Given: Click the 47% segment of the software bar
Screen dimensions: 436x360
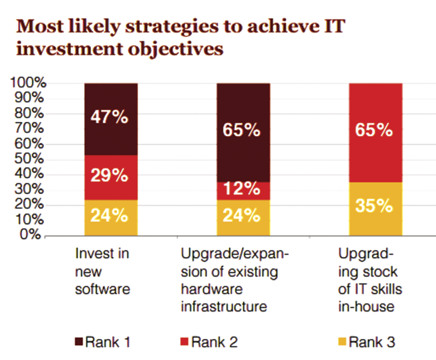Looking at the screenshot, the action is [111, 119].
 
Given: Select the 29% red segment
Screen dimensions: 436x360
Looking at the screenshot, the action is [111, 177].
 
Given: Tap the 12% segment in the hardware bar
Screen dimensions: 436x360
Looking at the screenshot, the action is [243, 191].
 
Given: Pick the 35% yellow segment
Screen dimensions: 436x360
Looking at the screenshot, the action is [376, 209].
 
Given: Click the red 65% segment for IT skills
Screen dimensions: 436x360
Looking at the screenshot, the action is [376, 133].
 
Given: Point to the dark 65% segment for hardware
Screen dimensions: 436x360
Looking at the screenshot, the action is [243, 133].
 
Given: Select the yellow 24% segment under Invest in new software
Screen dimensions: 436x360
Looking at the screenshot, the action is [111, 218].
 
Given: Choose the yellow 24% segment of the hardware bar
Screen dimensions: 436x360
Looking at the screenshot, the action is [243, 218].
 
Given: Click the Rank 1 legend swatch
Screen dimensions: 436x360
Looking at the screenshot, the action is [79, 342].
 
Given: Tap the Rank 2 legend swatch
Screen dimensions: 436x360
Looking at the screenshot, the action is [184, 342].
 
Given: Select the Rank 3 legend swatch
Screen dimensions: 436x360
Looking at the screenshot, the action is [343, 342].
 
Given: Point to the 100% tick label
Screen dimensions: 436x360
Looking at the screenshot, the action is [28, 83].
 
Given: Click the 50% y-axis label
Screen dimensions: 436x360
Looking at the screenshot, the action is [29, 159].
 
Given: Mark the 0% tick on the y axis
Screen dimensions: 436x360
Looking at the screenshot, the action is [31, 235].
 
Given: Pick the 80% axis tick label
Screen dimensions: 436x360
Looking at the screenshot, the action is [29, 113].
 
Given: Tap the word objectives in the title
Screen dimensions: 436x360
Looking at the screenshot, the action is [176, 49].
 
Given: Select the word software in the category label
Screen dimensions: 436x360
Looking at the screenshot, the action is [103, 289].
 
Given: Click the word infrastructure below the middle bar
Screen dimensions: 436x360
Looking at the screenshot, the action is [224, 307].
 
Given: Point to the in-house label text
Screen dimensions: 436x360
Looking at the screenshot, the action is [366, 307].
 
